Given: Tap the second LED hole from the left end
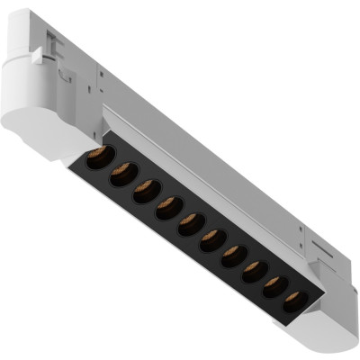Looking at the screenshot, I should (x=122, y=175).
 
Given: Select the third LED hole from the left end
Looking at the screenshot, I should (x=145, y=192).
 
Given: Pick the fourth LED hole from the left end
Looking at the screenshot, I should (x=167, y=209).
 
